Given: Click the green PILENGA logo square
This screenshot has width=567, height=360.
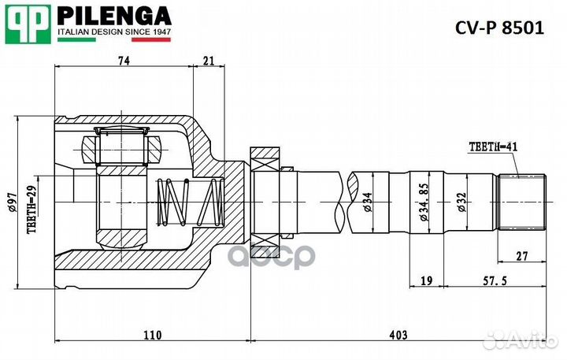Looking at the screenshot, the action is click(28, 24).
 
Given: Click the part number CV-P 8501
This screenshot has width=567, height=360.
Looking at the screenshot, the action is click(499, 28).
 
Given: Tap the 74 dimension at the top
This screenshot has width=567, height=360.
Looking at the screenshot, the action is click(124, 61).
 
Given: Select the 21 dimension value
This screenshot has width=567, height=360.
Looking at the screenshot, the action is click(209, 61).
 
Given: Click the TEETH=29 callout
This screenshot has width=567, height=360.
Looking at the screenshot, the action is click(32, 210).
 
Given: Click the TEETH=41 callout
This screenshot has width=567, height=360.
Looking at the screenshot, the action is click(493, 147).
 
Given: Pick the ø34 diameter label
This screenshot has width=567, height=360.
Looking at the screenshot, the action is click(367, 202).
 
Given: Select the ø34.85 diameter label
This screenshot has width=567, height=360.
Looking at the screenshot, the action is click(424, 202).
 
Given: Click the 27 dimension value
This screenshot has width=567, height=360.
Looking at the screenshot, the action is click(522, 256).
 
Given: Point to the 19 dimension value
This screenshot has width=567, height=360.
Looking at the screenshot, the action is click(427, 280).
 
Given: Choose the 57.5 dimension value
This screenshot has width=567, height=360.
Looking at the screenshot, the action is click(495, 280).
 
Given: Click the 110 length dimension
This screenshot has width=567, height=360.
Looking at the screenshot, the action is click(153, 335).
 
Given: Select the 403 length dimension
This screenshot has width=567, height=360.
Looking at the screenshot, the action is click(398, 335).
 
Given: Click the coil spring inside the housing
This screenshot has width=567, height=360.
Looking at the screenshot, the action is click(190, 202).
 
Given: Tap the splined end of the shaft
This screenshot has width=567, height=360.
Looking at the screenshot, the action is click(522, 202).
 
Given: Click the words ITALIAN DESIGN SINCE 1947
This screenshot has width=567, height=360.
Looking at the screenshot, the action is click(114, 32).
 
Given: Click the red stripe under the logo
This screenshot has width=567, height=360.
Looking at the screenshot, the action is click(151, 40).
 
